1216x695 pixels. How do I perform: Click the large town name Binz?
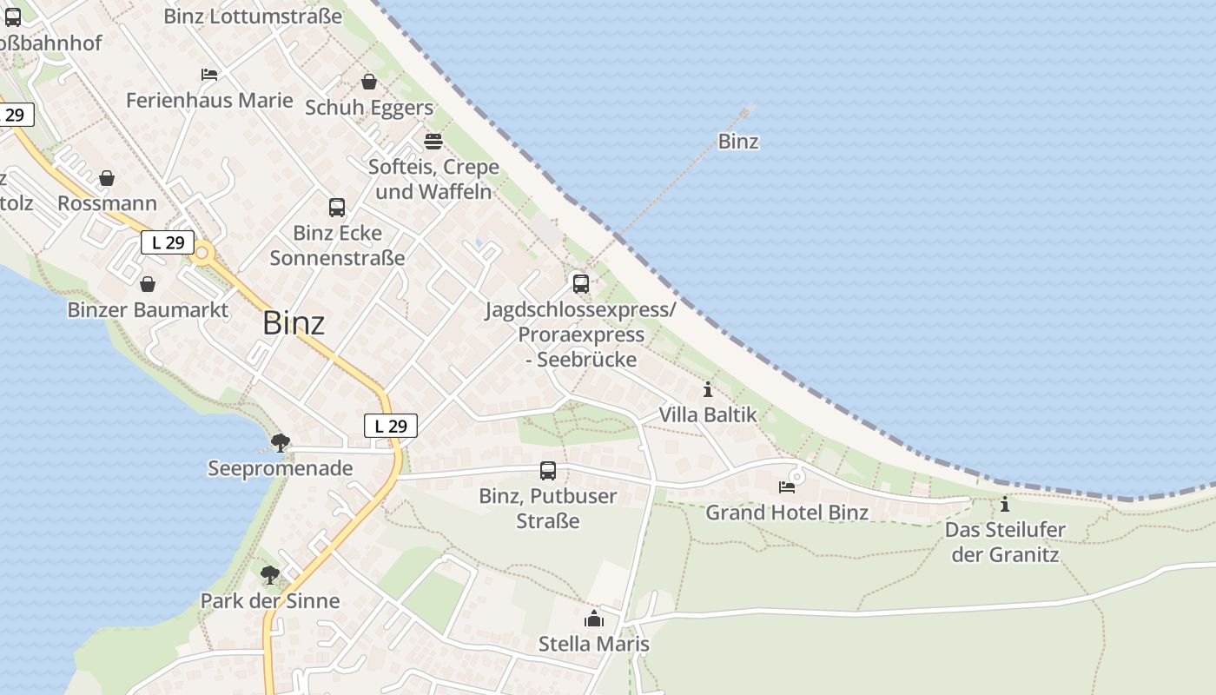tap(294, 323)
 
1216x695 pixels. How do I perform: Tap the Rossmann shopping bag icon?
tap(107, 178)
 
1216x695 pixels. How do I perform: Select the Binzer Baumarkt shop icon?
tap(148, 284)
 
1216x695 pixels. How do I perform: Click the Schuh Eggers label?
tap(369, 108)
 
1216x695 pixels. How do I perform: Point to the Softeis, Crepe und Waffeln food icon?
tap(433, 141)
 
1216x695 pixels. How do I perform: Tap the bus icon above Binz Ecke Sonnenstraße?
tap(337, 208)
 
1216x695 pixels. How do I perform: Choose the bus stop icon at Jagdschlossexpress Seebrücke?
tap(581, 283)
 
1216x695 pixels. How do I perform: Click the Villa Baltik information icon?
tap(708, 389)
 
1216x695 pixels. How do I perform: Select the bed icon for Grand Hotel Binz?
tap(787, 486)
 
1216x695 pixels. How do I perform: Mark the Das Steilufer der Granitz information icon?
tap(1005, 504)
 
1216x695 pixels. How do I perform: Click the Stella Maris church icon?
tap(594, 619)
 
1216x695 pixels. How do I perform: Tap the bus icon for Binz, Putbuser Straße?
tap(548, 471)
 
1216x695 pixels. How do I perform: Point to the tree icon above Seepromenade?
tap(280, 443)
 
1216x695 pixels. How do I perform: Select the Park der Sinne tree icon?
tap(270, 574)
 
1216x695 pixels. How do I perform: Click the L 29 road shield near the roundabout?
tap(168, 242)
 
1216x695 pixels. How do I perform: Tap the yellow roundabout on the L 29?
tap(203, 254)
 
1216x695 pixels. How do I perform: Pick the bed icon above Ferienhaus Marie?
tap(209, 75)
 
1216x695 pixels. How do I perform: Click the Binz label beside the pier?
tap(738, 142)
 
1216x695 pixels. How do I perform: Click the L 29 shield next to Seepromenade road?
tap(391, 426)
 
